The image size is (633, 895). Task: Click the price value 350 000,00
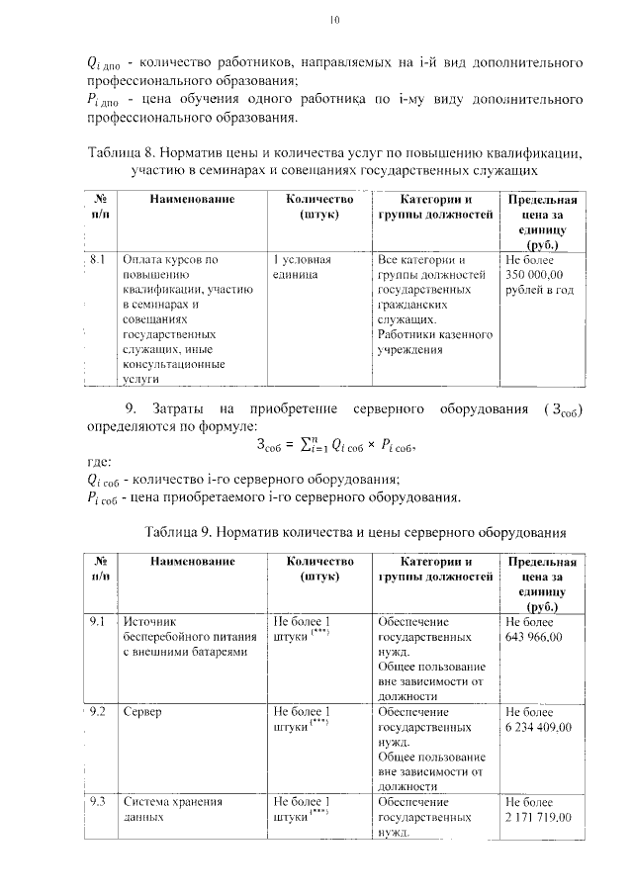[x=534, y=275]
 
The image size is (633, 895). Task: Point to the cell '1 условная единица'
[x=301, y=267]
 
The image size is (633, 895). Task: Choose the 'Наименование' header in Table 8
[x=192, y=200]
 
